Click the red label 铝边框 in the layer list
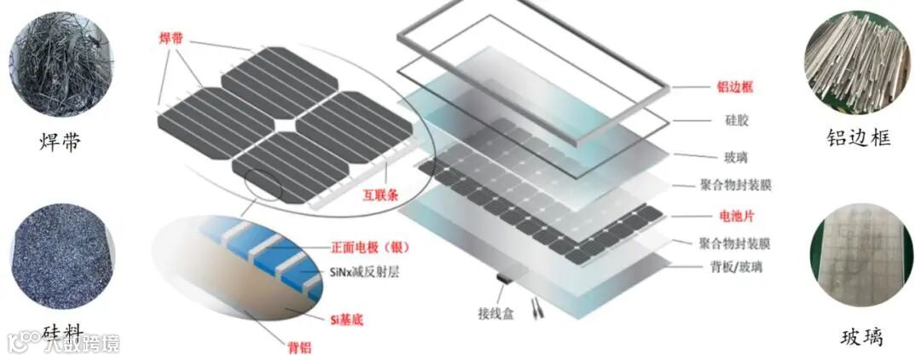pos(736,87)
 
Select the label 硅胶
pos(728,121)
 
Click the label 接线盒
pos(494,311)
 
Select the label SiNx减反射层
pos(364,273)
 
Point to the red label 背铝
pos(298,347)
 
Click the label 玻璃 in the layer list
pos(728,156)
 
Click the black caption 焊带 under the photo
pos(60,141)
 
